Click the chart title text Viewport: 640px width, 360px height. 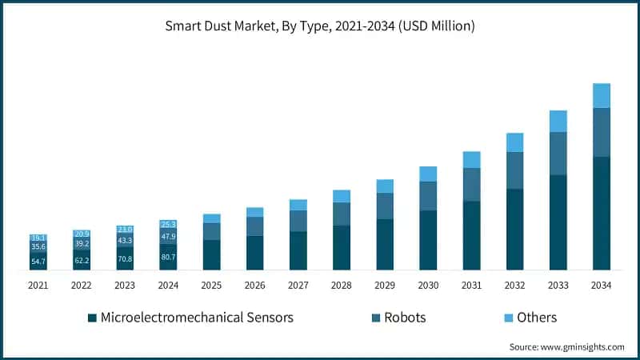[320, 26]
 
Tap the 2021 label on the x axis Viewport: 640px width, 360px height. [38, 286]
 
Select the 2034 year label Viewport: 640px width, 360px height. [602, 286]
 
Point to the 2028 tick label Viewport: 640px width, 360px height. [342, 286]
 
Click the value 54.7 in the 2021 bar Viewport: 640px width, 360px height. [38, 262]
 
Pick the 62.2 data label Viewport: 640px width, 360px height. [82, 260]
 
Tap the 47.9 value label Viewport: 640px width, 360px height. [168, 237]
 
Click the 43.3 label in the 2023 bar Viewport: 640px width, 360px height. [125, 241]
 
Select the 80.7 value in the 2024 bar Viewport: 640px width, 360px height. [168, 258]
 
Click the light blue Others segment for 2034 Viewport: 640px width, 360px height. [602, 95]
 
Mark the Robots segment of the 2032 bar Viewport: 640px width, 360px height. [515, 170]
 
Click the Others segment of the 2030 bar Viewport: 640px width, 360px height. [428, 174]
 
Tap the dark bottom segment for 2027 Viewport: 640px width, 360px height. [298, 250]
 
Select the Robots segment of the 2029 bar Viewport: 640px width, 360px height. [385, 206]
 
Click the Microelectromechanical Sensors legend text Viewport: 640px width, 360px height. [197, 318]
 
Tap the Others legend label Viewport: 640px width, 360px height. [536, 318]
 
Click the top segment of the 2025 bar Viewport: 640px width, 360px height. [211, 218]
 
